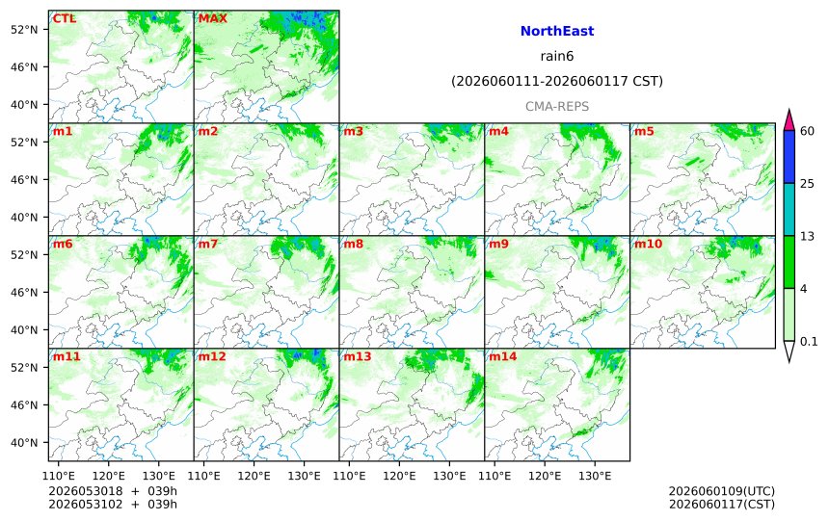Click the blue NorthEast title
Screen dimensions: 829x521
pyautogui.click(x=557, y=31)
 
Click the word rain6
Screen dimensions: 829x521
pyautogui.click(x=557, y=56)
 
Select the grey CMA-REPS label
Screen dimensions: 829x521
pyautogui.click(x=557, y=106)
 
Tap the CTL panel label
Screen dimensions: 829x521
pyautogui.click(x=64, y=18)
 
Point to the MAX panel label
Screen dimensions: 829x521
pyautogui.click(x=212, y=18)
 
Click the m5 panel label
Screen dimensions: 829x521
pyautogui.click(x=644, y=131)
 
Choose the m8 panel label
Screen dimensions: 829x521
pyautogui.click(x=353, y=244)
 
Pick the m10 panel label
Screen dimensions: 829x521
pyautogui.click(x=648, y=244)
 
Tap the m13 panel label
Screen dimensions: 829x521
pyautogui.click(x=358, y=356)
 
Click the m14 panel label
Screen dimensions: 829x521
pyautogui.click(x=503, y=356)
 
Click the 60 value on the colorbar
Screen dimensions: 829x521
pyautogui.click(x=808, y=131)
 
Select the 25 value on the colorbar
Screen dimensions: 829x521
pyautogui.click(x=808, y=183)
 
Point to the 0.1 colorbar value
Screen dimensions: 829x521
pyautogui.click(x=809, y=341)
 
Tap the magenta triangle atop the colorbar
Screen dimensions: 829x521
pyautogui.click(x=789, y=120)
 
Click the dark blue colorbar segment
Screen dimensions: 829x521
pyautogui.click(x=789, y=157)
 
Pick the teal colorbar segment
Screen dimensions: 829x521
pyautogui.click(x=789, y=209)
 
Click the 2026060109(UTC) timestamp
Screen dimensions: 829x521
pyautogui.click(x=722, y=491)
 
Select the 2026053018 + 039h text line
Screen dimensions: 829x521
pyautogui.click(x=113, y=491)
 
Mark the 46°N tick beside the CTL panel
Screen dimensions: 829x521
pyautogui.click(x=24, y=67)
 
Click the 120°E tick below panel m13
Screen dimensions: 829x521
pyautogui.click(x=399, y=476)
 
